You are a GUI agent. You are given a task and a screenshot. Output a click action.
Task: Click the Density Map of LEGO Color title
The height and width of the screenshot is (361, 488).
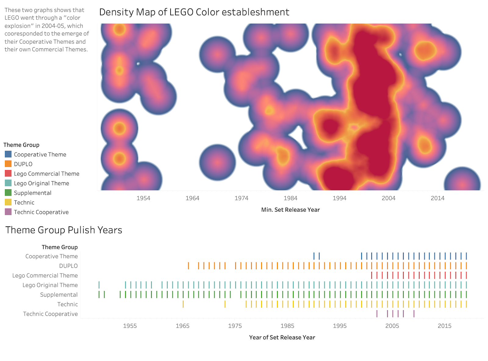[194, 12]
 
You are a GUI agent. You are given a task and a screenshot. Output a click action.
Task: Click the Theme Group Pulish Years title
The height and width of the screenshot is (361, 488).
[64, 230]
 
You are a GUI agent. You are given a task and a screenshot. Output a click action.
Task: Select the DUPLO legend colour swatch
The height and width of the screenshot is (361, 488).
[8, 164]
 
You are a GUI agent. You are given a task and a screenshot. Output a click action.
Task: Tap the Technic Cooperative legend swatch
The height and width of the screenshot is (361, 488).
[8, 212]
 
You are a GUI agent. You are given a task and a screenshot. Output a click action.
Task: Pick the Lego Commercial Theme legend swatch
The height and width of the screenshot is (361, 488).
[8, 174]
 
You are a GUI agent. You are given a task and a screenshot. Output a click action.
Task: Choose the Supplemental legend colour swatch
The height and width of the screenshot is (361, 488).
[8, 193]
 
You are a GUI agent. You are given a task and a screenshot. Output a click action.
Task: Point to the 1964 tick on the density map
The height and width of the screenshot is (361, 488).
[192, 198]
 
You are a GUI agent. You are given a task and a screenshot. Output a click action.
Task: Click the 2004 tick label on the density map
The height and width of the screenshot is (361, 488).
[388, 198]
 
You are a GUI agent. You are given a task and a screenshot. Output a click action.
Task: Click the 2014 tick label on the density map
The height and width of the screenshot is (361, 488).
[437, 198]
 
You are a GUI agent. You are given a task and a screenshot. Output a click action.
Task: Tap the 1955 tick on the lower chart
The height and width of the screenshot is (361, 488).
[130, 326]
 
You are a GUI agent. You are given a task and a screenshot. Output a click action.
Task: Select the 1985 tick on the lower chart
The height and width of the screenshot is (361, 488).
[287, 326]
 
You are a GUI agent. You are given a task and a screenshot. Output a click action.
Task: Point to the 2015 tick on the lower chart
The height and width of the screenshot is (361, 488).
[444, 326]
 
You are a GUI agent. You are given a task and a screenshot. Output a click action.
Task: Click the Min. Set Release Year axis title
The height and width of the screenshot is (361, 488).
[290, 210]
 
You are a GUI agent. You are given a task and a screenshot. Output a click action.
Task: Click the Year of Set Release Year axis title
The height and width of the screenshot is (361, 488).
[282, 338]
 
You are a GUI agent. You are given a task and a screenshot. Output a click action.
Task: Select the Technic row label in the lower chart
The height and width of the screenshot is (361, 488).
[67, 304]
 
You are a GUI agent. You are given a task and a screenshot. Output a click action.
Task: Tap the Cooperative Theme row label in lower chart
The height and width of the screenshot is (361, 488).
[52, 256]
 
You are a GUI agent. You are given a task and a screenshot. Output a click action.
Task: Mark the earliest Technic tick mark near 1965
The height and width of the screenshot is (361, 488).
[183, 304]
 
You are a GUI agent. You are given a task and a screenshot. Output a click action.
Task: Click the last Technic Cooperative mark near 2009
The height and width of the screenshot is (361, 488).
[414, 314]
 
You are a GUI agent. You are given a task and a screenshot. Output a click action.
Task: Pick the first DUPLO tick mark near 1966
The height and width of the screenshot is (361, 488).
[188, 266]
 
